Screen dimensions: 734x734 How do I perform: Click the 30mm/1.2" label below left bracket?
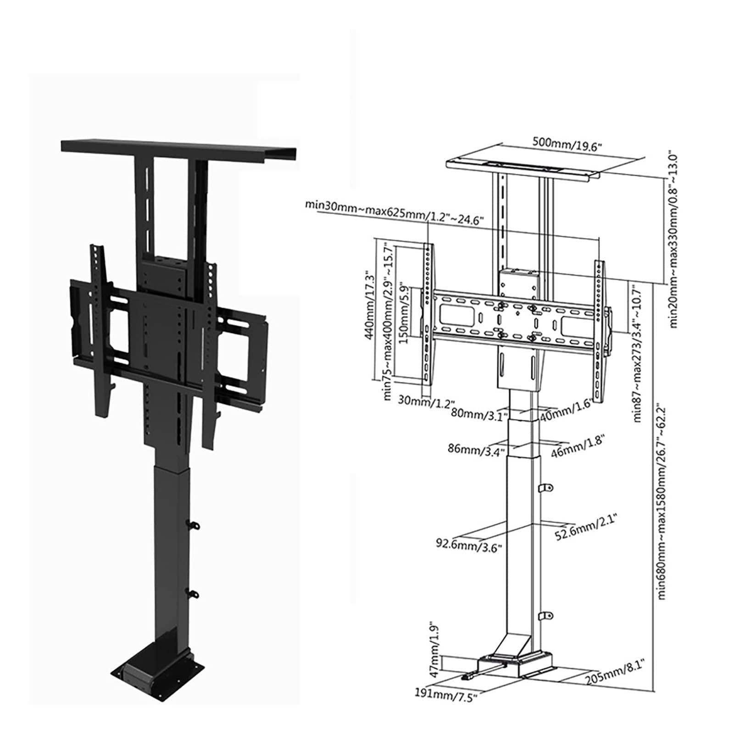[422, 402]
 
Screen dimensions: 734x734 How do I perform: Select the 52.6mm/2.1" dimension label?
[585, 528]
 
